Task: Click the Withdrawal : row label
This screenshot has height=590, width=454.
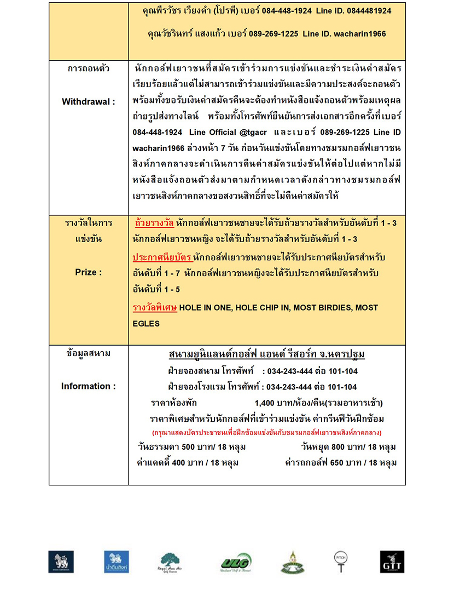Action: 88,102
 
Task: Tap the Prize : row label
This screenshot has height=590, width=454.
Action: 88,272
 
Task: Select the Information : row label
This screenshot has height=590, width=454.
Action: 88,386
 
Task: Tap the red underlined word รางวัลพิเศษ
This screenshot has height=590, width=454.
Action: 155,308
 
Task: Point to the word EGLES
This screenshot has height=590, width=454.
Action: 146,323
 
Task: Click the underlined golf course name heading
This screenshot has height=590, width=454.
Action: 267,354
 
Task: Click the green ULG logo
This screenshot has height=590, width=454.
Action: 236,562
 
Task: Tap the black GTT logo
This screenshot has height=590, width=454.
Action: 392,562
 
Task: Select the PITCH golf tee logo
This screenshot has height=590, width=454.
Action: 341,561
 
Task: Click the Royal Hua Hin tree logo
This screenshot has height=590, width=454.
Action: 170,562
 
